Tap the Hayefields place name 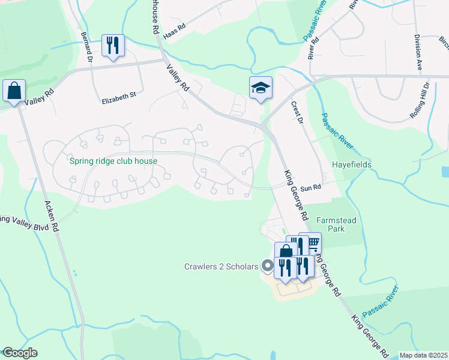352,164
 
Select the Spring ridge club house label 113,161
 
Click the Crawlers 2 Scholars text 221,266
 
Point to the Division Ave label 418,53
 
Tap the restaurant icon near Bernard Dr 113,45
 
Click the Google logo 20,353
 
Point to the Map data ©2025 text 423,355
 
